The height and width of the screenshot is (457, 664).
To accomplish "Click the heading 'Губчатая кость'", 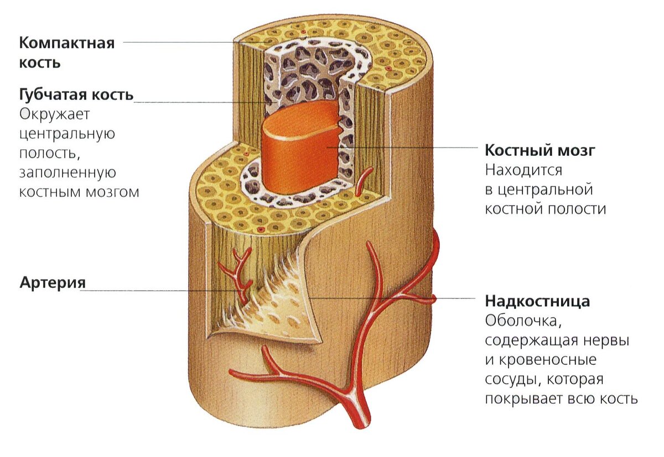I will (76, 94).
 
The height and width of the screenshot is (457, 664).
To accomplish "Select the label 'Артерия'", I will (53, 282).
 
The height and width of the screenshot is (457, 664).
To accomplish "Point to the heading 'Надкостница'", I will (537, 301).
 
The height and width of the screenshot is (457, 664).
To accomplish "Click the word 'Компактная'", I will (67, 43).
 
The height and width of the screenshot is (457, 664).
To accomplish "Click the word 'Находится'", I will (523, 170).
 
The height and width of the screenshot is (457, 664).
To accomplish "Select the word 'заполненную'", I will (68, 172).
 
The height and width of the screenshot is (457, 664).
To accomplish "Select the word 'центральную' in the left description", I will (67, 134).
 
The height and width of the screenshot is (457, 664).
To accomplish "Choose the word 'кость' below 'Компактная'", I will (40, 62).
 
